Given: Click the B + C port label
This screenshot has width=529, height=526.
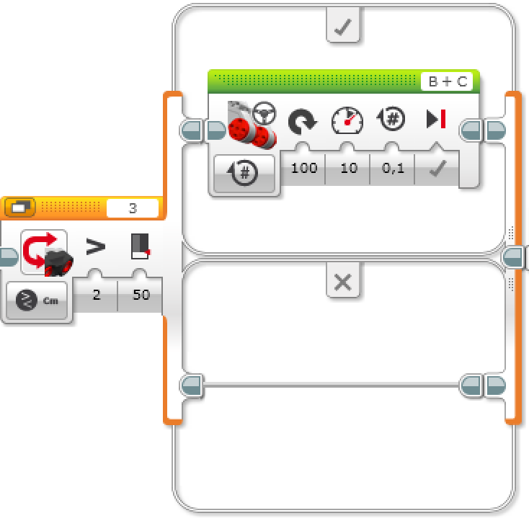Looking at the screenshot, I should [446, 81].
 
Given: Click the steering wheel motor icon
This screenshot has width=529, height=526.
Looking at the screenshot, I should [252, 120].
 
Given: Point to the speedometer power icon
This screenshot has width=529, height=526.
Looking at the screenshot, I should [347, 120].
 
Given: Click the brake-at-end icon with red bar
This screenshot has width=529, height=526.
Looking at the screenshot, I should [436, 120].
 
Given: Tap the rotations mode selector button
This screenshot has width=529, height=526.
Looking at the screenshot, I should [244, 173].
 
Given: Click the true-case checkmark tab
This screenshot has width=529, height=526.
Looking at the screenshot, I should [343, 27].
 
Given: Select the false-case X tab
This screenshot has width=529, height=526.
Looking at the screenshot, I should [343, 282].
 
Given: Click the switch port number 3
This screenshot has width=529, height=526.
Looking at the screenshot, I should [133, 208].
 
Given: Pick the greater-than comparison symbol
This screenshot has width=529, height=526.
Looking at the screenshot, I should [96, 248].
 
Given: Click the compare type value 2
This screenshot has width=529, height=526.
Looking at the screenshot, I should [97, 295].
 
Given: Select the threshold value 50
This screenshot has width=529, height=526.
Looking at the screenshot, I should [141, 295].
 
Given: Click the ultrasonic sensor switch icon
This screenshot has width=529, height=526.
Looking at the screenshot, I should [44, 253].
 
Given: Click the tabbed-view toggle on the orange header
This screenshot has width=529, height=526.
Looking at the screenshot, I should [20, 208].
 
